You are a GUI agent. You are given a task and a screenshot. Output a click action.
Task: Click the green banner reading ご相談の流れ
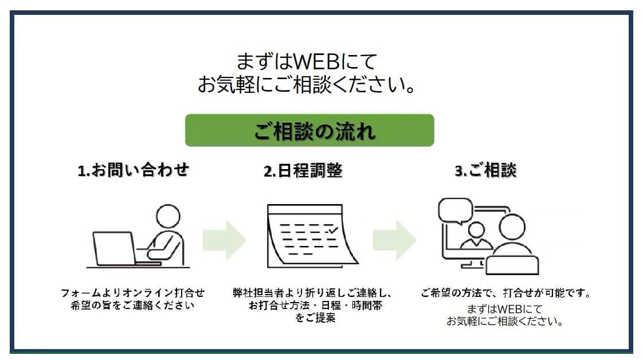tap(309, 130)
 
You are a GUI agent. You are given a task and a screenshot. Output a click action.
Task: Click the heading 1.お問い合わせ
tap(134, 170)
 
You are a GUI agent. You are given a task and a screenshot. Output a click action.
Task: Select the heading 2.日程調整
tap(303, 171)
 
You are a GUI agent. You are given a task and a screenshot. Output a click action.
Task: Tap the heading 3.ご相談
tap(486, 170)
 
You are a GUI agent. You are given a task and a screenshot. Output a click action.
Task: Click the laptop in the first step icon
tap(115, 249)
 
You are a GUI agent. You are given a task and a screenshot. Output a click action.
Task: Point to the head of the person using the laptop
tap(168, 216)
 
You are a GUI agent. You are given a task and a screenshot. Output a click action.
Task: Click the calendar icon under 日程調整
tap(312, 236)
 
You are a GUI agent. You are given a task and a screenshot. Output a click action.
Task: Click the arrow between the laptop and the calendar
tap(224, 240)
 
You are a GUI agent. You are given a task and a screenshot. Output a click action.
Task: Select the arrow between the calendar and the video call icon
tap(394, 240)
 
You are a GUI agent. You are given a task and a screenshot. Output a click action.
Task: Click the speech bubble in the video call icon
tap(455, 211)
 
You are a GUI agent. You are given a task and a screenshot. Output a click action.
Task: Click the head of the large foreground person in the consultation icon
tap(512, 227)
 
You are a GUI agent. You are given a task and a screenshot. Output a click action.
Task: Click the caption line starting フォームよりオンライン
tap(132, 293)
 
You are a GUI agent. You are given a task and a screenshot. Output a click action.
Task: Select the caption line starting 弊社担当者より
tap(312, 293)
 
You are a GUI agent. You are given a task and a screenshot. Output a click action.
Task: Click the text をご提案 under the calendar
tap(315, 318)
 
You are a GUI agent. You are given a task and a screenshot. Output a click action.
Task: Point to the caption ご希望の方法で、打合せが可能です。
tap(505, 293)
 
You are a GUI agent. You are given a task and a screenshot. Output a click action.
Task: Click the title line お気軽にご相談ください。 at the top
tap(307, 85)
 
